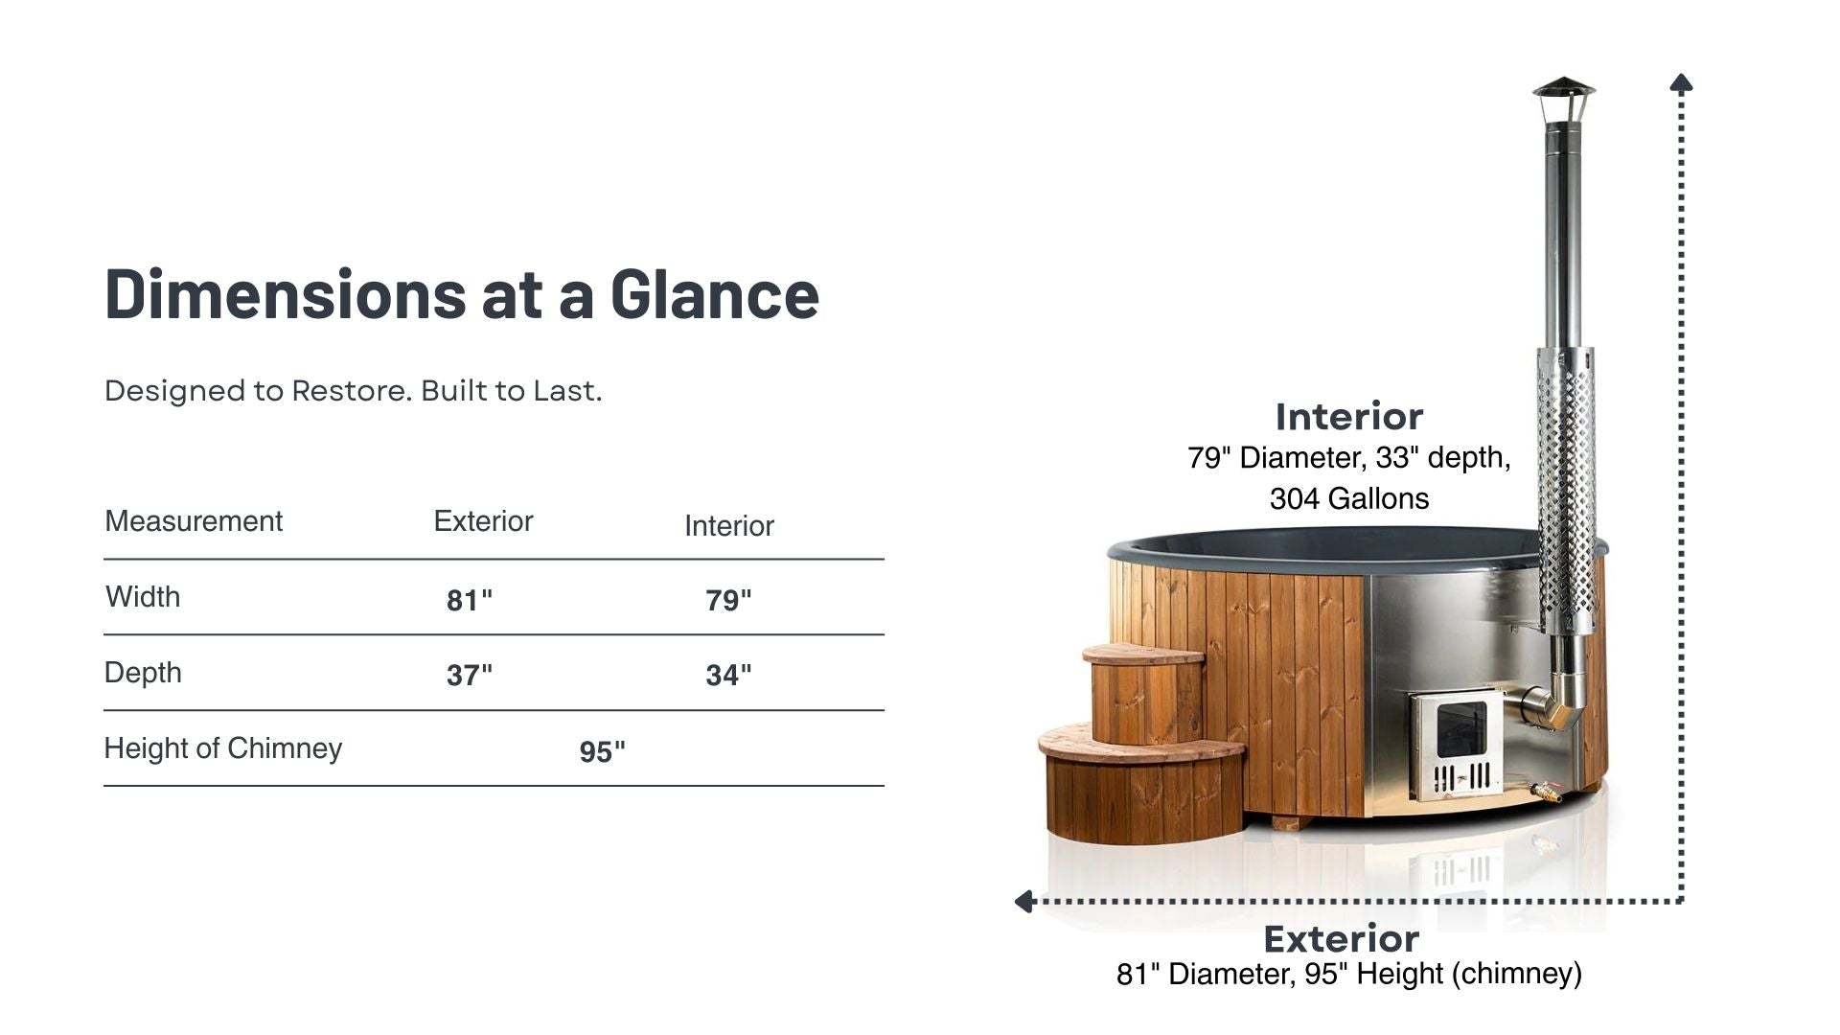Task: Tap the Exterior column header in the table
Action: (483, 521)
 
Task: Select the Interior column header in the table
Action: (729, 526)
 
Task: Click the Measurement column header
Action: (194, 521)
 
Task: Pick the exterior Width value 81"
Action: (470, 601)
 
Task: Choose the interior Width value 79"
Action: (728, 601)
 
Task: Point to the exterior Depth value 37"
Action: (470, 676)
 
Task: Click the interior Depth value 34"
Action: (728, 676)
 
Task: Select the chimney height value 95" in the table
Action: (602, 752)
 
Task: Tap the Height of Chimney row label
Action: (223, 748)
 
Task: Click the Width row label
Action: (143, 597)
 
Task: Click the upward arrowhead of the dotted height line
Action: (1681, 82)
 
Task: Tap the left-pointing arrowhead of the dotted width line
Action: (1023, 901)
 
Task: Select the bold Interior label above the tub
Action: (1349, 417)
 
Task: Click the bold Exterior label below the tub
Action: (1342, 939)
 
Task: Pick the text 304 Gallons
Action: (1349, 498)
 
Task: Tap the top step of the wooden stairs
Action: (1142, 655)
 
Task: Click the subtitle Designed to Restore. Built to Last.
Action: (354, 391)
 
